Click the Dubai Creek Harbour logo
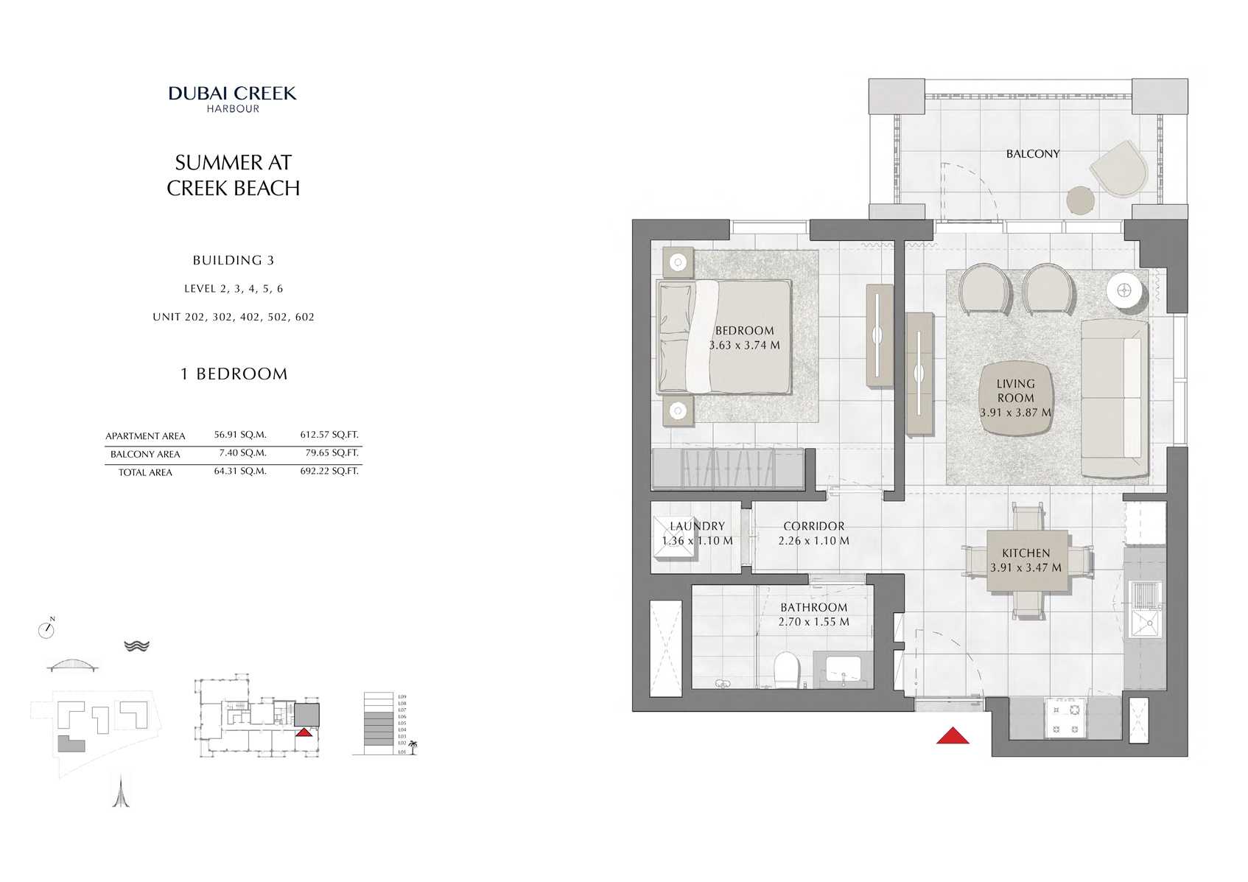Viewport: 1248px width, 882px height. tap(232, 99)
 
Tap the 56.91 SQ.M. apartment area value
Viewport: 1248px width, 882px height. tap(240, 435)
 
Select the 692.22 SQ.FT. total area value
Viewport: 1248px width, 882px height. tap(329, 471)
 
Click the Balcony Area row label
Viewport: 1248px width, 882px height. tap(145, 454)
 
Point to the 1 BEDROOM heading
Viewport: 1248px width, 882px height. tap(234, 374)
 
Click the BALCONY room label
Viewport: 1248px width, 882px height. tap(1032, 153)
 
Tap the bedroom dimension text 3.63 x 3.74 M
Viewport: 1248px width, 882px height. tap(744, 345)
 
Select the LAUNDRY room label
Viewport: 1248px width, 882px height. tap(697, 526)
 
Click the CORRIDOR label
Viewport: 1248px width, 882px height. tap(813, 526)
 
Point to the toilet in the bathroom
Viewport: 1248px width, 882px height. tap(787, 669)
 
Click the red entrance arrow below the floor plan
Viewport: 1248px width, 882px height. tap(952, 735)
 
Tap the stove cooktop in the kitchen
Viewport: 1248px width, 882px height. tap(1065, 719)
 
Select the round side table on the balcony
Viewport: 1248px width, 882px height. tap(1081, 200)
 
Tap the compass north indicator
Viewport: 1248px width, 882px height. tap(46, 629)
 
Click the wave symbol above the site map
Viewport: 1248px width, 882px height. tap(136, 645)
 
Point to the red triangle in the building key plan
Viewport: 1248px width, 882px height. tap(303, 732)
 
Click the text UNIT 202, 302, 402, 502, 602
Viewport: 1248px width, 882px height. tap(234, 317)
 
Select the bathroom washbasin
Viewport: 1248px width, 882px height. tap(843, 669)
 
